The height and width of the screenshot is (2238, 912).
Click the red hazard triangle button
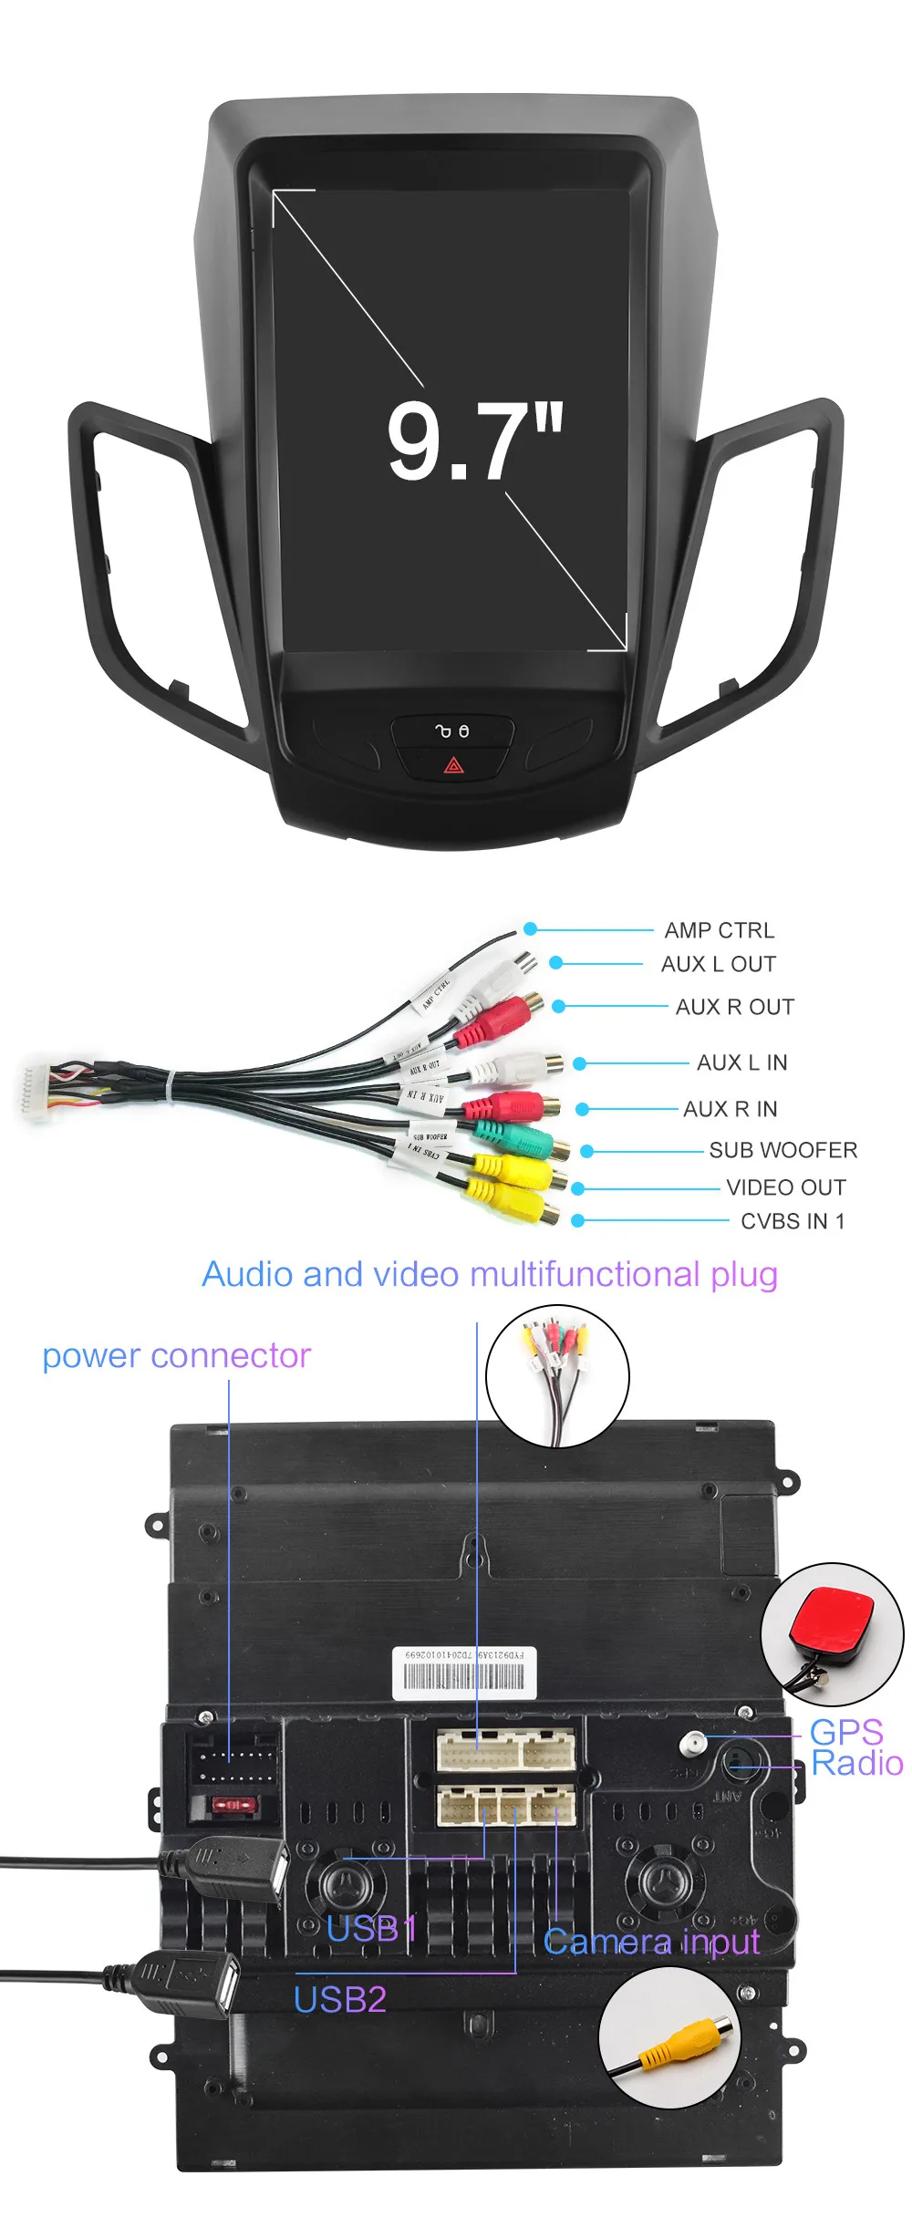[x=453, y=764]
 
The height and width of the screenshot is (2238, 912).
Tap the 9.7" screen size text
[x=474, y=443]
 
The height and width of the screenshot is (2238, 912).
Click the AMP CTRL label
[x=719, y=930]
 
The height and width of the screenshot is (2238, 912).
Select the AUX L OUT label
[x=718, y=964]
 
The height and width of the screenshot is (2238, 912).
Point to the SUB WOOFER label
[x=782, y=1150]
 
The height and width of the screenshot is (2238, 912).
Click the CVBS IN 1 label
[x=792, y=1221]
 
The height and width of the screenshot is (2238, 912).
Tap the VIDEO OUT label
[x=785, y=1187]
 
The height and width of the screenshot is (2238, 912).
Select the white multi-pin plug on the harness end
[x=34, y=1089]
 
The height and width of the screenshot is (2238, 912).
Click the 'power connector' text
[x=176, y=1356]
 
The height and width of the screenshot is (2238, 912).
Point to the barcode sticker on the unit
[x=464, y=1673]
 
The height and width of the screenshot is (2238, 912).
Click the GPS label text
[x=845, y=1731]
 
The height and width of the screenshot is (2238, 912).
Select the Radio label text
[x=856, y=1763]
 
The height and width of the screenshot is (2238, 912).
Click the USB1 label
[x=371, y=1929]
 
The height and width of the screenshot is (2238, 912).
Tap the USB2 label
[x=339, y=2000]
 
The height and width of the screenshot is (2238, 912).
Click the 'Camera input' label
[x=650, y=1942]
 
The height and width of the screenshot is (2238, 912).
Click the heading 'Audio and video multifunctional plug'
[x=490, y=1274]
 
